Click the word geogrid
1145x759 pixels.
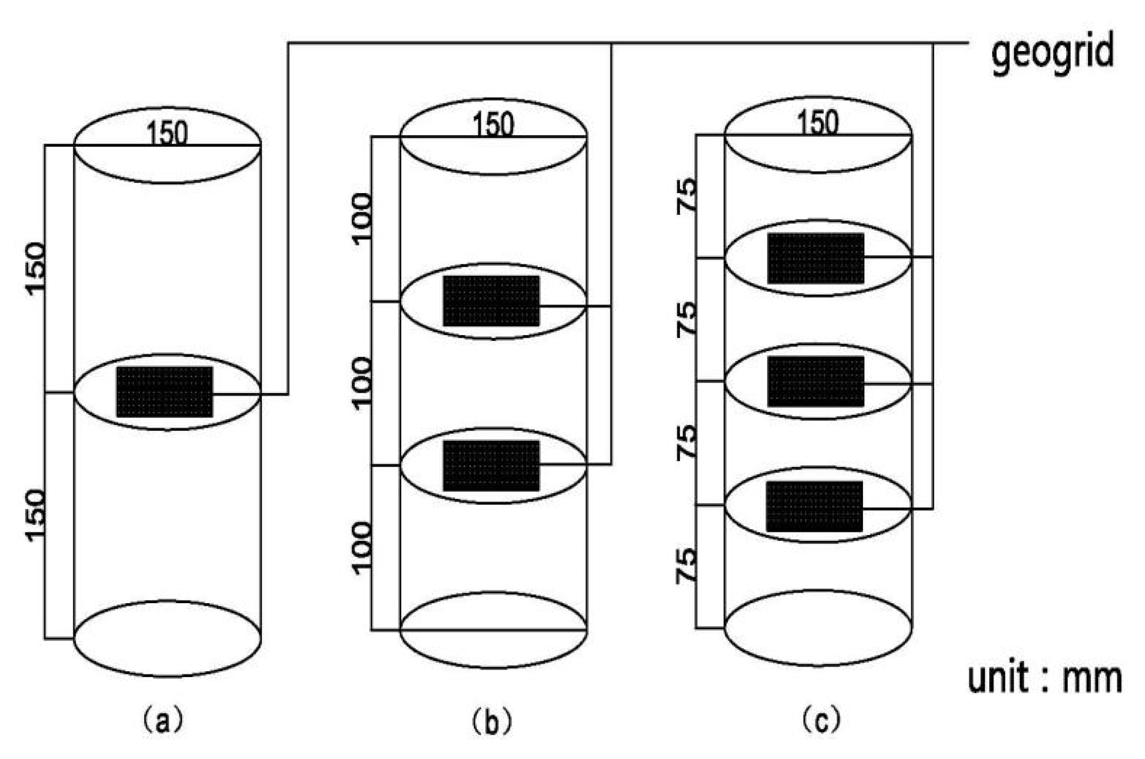(1052, 53)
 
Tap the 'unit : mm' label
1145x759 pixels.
(1044, 679)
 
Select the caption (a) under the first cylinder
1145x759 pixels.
(163, 722)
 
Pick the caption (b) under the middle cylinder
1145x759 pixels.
(492, 722)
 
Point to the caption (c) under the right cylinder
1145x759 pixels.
(822, 721)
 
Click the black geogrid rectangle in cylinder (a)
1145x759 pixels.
(164, 392)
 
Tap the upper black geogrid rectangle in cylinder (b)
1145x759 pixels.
(491, 301)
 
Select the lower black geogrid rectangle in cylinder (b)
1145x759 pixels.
(491, 465)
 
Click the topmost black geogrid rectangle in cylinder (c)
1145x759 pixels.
(816, 258)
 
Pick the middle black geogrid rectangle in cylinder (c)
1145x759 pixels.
(816, 381)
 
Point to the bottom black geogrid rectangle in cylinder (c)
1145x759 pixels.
(814, 506)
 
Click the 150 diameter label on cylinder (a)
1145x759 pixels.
(167, 133)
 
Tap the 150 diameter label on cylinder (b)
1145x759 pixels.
(493, 124)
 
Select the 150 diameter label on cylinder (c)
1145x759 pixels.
(818, 122)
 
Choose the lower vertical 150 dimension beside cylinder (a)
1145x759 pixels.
(36, 515)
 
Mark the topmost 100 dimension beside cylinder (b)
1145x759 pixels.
(363, 219)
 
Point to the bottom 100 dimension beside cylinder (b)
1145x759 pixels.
(363, 547)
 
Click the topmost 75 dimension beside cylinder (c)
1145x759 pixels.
(687, 196)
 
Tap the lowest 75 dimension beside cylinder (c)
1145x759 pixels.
(687, 566)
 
